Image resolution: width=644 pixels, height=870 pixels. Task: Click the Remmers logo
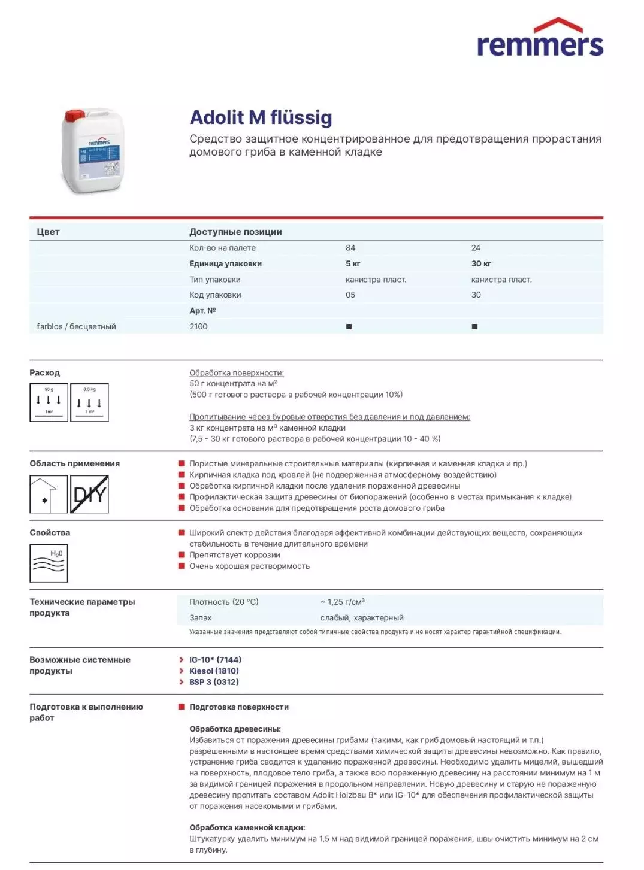539,40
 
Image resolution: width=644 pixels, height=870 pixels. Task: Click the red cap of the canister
75,115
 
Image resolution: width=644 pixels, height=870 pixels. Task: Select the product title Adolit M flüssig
261,117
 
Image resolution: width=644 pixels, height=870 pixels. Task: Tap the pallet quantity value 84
350,248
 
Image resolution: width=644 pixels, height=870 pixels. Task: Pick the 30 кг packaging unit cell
481,263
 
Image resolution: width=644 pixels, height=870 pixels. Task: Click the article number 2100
198,326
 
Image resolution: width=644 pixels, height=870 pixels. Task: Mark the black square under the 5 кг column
349,327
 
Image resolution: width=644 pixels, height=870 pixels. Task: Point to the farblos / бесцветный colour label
76,326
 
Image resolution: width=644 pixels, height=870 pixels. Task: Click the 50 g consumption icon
49,402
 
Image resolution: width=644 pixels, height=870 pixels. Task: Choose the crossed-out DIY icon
89,494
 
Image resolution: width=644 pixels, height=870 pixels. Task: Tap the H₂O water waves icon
49,563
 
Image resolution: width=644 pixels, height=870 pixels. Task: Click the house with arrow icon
49,494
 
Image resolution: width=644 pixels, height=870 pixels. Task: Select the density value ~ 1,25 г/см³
343,602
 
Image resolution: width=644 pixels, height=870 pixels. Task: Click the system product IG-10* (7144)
215,660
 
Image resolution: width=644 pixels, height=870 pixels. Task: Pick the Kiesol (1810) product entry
214,671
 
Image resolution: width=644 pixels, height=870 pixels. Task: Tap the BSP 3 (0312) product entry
214,682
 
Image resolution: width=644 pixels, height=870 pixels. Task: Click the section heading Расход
44,372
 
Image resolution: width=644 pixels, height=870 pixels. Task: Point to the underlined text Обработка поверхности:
237,373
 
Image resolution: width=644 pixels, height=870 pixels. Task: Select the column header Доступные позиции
235,232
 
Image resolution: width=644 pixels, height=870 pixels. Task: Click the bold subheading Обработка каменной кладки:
247,827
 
